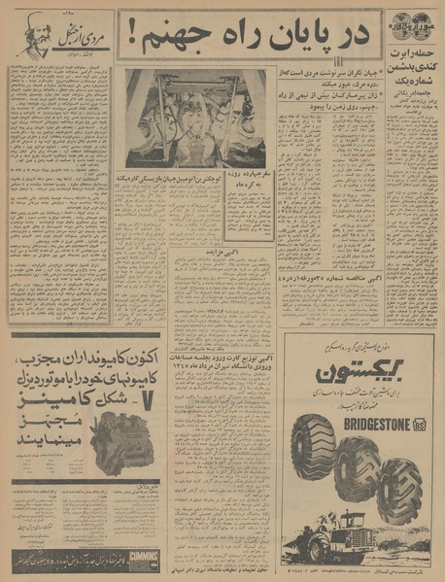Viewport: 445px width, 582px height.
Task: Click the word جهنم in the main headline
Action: click(x=175, y=40)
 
